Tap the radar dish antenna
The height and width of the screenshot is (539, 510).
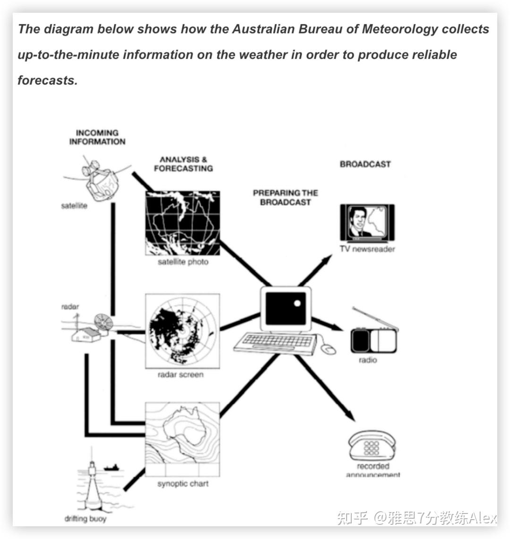(x=103, y=323)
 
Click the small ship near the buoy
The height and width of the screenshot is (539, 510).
(x=112, y=467)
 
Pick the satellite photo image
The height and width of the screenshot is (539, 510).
(x=182, y=223)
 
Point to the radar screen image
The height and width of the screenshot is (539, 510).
(x=182, y=331)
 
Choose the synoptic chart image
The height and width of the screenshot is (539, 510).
(x=182, y=439)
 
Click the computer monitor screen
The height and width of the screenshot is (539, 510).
(x=286, y=308)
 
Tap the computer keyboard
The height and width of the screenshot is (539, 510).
(x=275, y=343)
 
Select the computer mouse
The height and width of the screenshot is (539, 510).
(x=328, y=349)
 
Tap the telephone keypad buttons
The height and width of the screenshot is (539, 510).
(x=371, y=448)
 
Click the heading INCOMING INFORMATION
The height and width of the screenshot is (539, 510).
(x=97, y=137)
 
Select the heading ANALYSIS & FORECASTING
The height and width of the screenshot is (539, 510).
(x=184, y=164)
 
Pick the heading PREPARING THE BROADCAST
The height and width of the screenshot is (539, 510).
(x=286, y=197)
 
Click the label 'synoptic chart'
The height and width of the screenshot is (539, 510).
(x=183, y=484)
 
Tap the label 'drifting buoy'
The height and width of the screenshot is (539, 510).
(x=85, y=519)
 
